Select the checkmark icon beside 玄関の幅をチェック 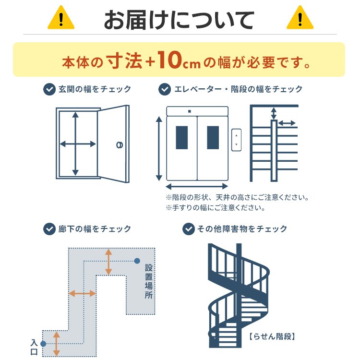pyautogui.click(x=49, y=89)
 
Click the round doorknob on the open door pyautogui.click(x=119, y=144)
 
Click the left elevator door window pyautogui.click(x=182, y=138)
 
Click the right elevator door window pyautogui.click(x=213, y=138)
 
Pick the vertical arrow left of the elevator pyautogui.click(x=159, y=148)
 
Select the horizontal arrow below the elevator pyautogui.click(x=197, y=186)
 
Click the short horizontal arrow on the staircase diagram pyautogui.click(x=287, y=123)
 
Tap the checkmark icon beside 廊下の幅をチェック pyautogui.click(x=49, y=229)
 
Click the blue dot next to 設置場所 pyautogui.click(x=137, y=261)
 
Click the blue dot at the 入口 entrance pyautogui.click(x=43, y=344)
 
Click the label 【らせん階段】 pyautogui.click(x=271, y=336)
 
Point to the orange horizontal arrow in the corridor pyautogui.click(x=82, y=293)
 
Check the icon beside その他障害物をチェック pyautogui.click(x=189, y=229)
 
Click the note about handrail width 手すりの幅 pyautogui.click(x=216, y=208)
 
